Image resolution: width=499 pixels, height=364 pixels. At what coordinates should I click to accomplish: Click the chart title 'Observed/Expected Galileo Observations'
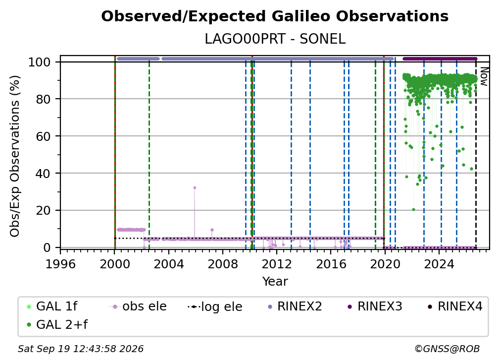[x=275, y=16]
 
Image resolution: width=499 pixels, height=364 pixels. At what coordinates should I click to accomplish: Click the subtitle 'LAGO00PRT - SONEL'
[x=275, y=39]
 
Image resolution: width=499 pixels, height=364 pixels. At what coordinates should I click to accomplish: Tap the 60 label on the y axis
[x=43, y=136]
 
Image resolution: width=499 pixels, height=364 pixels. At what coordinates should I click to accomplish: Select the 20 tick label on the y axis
[x=43, y=211]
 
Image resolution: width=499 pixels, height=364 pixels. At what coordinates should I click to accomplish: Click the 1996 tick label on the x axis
[x=60, y=264]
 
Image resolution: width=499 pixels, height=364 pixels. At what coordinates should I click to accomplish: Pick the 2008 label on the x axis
[x=223, y=264]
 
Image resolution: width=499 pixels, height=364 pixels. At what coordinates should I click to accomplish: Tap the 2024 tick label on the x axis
[x=439, y=264]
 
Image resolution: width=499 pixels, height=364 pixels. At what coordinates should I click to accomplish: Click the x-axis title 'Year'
[x=275, y=282]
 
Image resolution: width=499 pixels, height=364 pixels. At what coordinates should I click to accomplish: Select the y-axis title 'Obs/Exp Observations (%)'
[x=15, y=156]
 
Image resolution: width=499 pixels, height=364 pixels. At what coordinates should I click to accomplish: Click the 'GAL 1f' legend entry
[x=52, y=306]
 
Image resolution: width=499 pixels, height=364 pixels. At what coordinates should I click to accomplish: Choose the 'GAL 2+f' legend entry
[x=57, y=325]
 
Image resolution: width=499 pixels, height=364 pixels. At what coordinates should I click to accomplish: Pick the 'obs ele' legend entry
[x=138, y=306]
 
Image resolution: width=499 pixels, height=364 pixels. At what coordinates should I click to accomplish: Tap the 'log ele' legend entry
[x=215, y=307]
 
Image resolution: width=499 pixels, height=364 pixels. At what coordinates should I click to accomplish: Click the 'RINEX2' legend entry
[x=295, y=306]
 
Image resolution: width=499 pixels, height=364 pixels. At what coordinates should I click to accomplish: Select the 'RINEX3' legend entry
[x=375, y=306]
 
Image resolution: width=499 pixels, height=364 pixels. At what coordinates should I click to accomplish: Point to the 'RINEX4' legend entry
[x=455, y=306]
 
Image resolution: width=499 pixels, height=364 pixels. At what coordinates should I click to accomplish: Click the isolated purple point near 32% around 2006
[x=195, y=188]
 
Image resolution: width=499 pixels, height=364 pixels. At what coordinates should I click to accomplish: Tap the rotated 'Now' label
[x=483, y=76]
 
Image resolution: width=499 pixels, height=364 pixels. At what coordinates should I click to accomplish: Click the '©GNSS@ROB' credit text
[x=447, y=349]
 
